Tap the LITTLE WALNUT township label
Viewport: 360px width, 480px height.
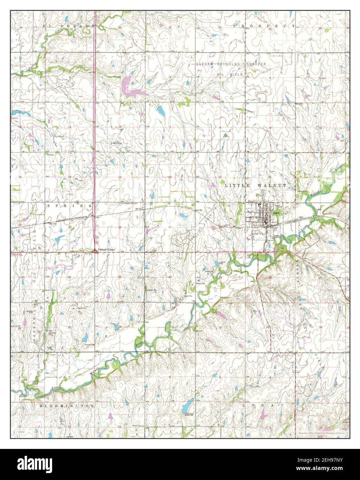255,185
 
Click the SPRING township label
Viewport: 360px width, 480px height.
69,205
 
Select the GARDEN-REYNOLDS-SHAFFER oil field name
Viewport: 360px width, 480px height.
231,64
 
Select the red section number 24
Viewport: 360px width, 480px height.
120,227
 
